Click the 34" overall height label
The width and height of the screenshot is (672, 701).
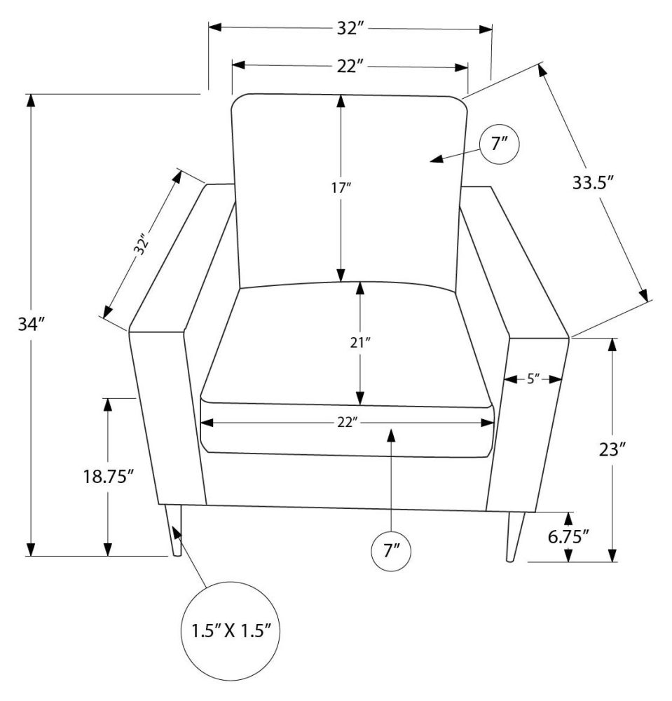pyautogui.click(x=32, y=325)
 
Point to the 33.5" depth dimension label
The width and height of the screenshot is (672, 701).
pyautogui.click(x=593, y=184)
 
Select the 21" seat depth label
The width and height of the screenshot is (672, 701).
pyautogui.click(x=360, y=343)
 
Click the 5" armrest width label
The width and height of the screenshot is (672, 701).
pyautogui.click(x=533, y=379)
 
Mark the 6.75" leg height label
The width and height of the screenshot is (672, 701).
pyautogui.click(x=568, y=537)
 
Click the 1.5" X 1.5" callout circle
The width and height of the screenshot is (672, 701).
pyautogui.click(x=231, y=629)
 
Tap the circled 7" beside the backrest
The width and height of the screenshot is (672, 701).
pyautogui.click(x=499, y=144)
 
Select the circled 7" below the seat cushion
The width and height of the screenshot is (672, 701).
pyautogui.click(x=390, y=550)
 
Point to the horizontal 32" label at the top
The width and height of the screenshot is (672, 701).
pyautogui.click(x=350, y=29)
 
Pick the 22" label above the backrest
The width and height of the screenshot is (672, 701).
pyautogui.click(x=350, y=67)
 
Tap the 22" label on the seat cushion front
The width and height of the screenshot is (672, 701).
pyautogui.click(x=348, y=422)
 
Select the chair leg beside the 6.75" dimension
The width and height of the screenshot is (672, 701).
pyautogui.click(x=514, y=536)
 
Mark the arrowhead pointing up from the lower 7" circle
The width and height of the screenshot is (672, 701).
pyautogui.click(x=391, y=435)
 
